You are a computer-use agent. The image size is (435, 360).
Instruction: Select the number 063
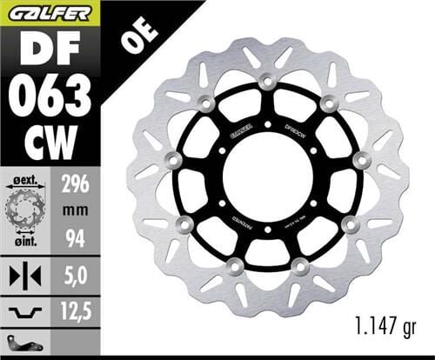tap(50, 92)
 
